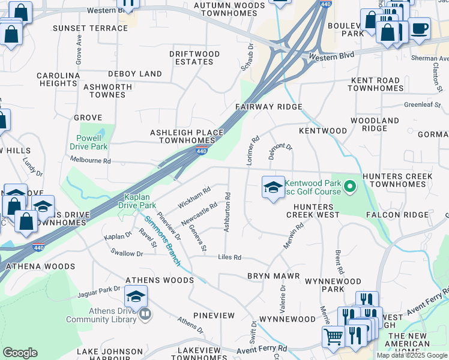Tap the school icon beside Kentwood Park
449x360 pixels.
click(273, 187)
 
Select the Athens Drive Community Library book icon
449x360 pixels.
click(145, 314)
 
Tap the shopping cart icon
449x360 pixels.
click(333, 336)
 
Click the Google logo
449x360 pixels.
click(20, 353)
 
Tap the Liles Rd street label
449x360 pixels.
click(229, 257)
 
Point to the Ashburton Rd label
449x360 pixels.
click(227, 212)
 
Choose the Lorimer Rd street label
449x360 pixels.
click(252, 150)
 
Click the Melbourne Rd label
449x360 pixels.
click(91, 161)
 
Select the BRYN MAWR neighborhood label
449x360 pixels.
click(270, 276)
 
